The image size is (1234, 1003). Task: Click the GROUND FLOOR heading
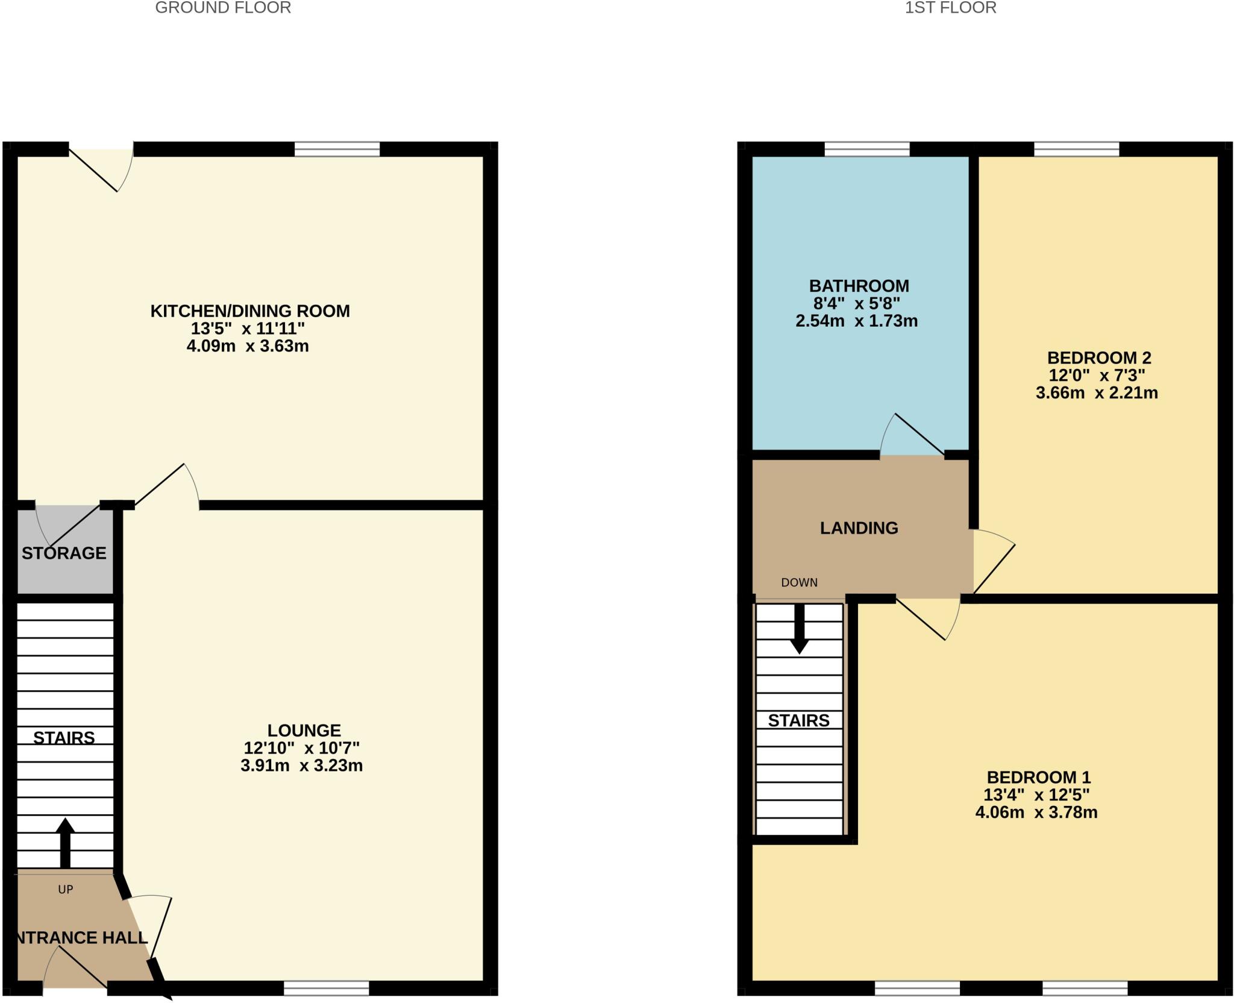pyautogui.click(x=223, y=8)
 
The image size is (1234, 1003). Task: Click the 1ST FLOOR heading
pyautogui.click(x=950, y=8)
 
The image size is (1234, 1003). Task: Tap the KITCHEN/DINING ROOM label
pyautogui.click(x=249, y=311)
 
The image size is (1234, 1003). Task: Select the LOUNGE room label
pyautogui.click(x=304, y=731)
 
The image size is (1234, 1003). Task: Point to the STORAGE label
pyautogui.click(x=64, y=553)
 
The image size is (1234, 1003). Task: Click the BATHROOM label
pyautogui.click(x=859, y=286)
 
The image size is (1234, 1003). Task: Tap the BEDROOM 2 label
pyautogui.click(x=1099, y=358)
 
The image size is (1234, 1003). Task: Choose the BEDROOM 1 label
pyautogui.click(x=1038, y=778)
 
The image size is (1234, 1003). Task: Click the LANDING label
pyautogui.click(x=859, y=528)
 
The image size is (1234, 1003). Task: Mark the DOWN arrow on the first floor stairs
pyautogui.click(x=799, y=630)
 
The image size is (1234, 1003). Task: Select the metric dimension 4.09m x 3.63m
pyautogui.click(x=248, y=346)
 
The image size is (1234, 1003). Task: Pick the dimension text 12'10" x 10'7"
pyautogui.click(x=301, y=748)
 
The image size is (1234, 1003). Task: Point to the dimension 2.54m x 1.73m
pyautogui.click(x=856, y=321)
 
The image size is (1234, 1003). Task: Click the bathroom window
pyautogui.click(x=866, y=149)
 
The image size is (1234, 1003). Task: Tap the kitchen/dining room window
pyautogui.click(x=337, y=149)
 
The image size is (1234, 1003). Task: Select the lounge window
pyautogui.click(x=326, y=989)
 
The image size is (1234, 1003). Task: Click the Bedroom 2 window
pyautogui.click(x=1076, y=149)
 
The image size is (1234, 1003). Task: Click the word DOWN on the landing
pyautogui.click(x=799, y=582)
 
